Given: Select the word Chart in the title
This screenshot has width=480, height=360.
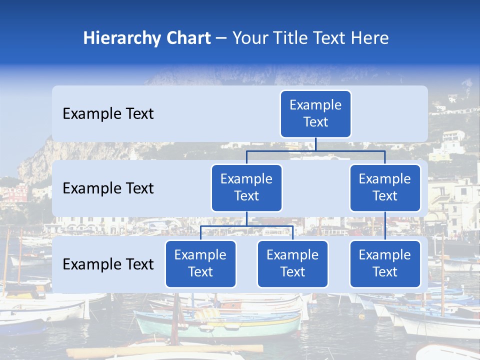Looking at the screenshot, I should click(x=187, y=38).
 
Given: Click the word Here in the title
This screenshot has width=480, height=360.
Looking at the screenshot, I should click(x=368, y=38).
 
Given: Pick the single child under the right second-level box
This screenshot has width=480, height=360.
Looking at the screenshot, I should click(x=385, y=263).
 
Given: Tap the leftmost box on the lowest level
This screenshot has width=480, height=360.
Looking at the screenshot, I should click(x=200, y=263).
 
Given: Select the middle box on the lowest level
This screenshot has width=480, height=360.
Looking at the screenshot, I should click(x=292, y=263).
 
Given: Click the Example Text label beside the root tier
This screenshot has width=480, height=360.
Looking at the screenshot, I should click(x=108, y=113).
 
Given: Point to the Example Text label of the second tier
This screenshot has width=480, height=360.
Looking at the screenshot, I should click(x=108, y=188).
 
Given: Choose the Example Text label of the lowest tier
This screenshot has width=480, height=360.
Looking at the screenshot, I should click(x=108, y=264).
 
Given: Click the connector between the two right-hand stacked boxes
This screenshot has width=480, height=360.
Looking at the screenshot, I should click(x=385, y=226).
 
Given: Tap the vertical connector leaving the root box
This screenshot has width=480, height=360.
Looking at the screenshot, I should click(x=315, y=144).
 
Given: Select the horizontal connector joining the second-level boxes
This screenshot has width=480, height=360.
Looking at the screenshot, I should click(x=315, y=150).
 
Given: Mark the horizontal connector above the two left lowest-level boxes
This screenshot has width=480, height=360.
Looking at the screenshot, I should click(x=246, y=226).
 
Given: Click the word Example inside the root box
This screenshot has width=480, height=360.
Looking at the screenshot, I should click(x=315, y=105).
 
